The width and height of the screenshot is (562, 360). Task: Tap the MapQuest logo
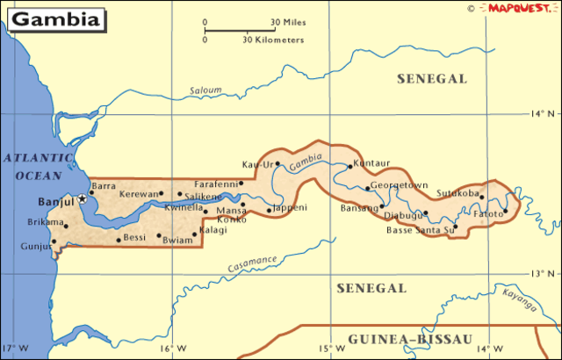(x=519, y=8)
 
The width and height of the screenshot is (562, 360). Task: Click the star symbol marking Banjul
(x=83, y=198)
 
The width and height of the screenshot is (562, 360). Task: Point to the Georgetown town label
(x=399, y=186)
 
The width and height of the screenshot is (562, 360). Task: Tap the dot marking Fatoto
(x=505, y=212)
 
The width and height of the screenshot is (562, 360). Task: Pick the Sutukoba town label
(x=458, y=192)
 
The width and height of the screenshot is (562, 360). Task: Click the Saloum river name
(x=205, y=90)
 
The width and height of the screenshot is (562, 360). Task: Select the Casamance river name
(x=252, y=263)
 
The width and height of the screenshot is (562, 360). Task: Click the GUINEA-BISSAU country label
(x=410, y=340)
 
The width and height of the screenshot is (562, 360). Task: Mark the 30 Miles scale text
(x=287, y=22)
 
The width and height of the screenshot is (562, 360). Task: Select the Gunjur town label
(x=36, y=247)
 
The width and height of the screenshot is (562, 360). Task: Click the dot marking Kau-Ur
(x=277, y=163)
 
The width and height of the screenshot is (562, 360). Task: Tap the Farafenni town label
(x=217, y=184)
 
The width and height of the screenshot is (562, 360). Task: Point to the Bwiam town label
(x=177, y=239)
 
